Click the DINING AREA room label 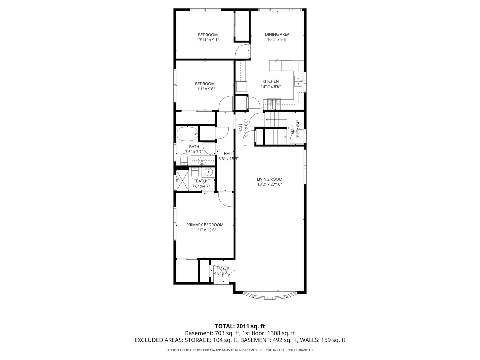pos(277,34)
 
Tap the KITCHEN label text pos(270,81)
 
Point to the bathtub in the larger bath pos(187,134)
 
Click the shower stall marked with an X pos(182,180)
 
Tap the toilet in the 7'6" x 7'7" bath pos(184,159)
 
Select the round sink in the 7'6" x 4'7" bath pos(208,172)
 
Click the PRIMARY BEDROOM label pos(205,225)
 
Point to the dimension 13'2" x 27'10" pos(269,184)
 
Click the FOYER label pos(223,268)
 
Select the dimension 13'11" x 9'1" pos(208,40)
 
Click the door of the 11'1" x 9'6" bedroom pos(226,103)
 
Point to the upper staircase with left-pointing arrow pos(275,119)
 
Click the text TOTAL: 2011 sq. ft pos(240,326)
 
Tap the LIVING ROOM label pos(269,179)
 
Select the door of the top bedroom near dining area pos(242,51)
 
